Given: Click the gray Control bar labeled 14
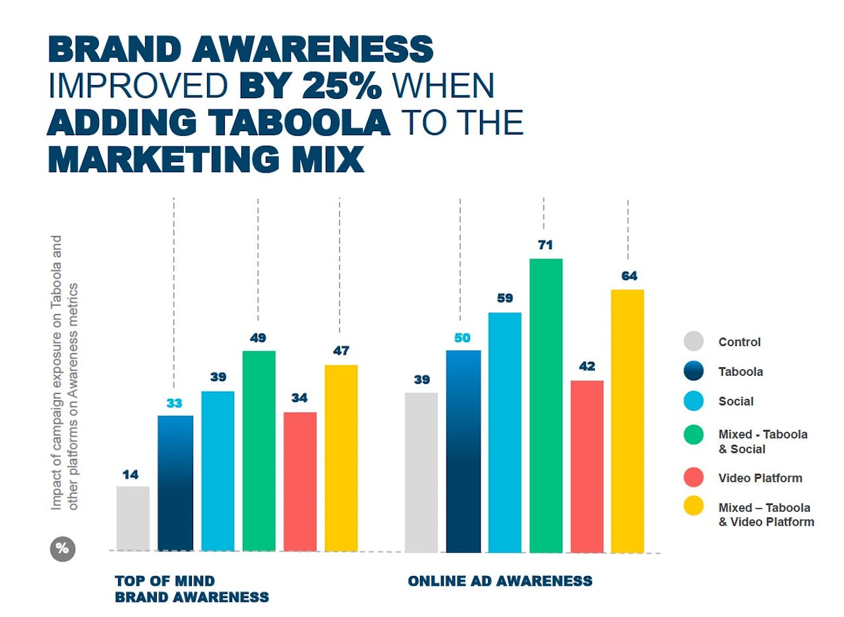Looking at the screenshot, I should point(133,518).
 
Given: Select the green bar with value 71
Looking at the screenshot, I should point(545,405).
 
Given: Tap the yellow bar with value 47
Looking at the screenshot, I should point(341,457).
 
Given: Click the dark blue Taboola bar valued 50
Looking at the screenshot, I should point(463,451).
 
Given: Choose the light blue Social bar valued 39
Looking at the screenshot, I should point(218,471).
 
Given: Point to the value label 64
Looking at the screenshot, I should point(629,276).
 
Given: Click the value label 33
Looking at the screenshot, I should point(174,403).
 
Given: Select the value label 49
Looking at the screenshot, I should point(258,338).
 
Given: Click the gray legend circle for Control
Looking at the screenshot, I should point(694,341).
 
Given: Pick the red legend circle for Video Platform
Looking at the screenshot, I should point(694,478).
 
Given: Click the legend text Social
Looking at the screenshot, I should point(736,401).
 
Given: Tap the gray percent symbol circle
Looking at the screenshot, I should point(63,550).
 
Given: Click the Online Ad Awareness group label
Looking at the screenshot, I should point(500,581).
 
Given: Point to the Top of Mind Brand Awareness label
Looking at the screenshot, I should point(192,589).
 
